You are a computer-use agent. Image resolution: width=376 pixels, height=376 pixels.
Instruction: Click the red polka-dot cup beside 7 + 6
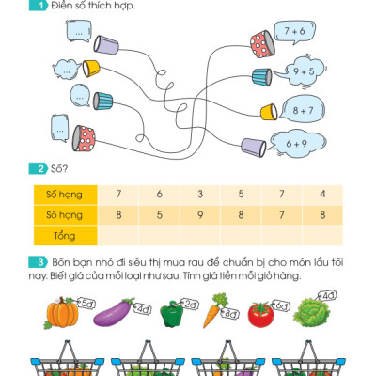pyautogui.click(x=259, y=39)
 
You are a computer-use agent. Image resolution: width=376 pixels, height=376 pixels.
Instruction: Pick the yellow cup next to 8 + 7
pyautogui.click(x=268, y=112)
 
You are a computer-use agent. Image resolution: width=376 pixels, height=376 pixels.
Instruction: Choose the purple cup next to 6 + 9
pyautogui.click(x=252, y=146)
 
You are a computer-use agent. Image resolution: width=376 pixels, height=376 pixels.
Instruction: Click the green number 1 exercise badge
pyautogui.click(x=39, y=7)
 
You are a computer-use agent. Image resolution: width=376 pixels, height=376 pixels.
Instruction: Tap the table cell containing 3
pyautogui.click(x=199, y=194)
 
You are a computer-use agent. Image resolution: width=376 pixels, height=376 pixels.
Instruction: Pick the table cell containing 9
pyautogui.click(x=199, y=214)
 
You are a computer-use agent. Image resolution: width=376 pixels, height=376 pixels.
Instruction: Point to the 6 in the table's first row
pyautogui.click(x=159, y=194)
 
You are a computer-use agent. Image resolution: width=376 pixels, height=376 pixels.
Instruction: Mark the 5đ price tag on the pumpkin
pyautogui.click(x=85, y=303)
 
